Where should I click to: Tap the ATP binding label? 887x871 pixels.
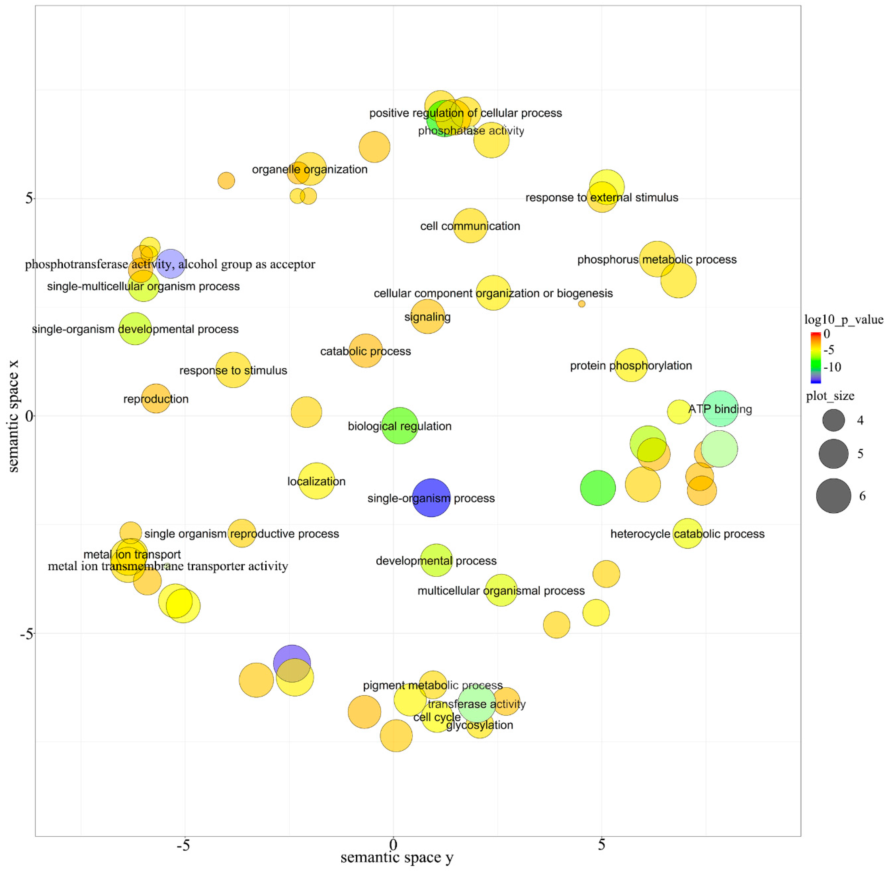tap(720, 409)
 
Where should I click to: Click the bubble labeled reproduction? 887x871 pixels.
tap(156, 398)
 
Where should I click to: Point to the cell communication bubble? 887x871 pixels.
tap(470, 225)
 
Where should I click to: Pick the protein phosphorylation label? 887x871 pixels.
tap(631, 365)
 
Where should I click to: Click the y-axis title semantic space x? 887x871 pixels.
tap(14, 415)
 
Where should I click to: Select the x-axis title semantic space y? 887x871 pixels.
tap(397, 857)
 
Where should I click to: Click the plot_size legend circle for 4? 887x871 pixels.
tap(833, 420)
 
